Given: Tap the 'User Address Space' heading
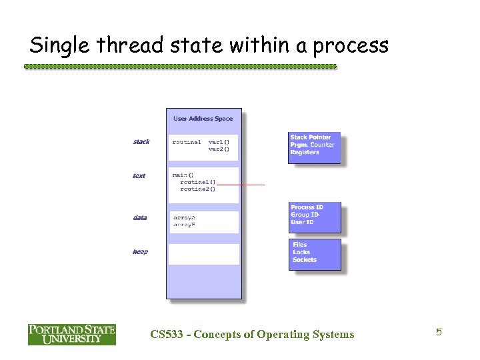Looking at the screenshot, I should click(x=203, y=119).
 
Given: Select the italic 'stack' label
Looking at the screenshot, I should click(x=141, y=141).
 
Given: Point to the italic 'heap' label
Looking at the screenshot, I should click(x=140, y=251).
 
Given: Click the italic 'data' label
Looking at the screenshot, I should click(x=140, y=217).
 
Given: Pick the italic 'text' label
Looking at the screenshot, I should click(x=139, y=176).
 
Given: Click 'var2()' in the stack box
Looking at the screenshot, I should click(x=219, y=149).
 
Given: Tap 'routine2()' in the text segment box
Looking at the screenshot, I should click(x=197, y=189).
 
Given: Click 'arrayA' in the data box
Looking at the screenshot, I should click(x=184, y=217).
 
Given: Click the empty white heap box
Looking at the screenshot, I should click(x=203, y=254).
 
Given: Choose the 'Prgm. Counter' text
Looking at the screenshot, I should click(x=312, y=145).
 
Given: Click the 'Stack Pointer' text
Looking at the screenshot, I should click(x=310, y=137).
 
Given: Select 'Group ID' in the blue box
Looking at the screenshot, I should click(x=305, y=215).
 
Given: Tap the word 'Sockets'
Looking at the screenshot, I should click(x=305, y=259).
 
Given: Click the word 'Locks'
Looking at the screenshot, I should click(x=301, y=252).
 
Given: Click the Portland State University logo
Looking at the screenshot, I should click(x=71, y=334).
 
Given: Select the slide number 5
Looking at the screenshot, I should click(x=439, y=332).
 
